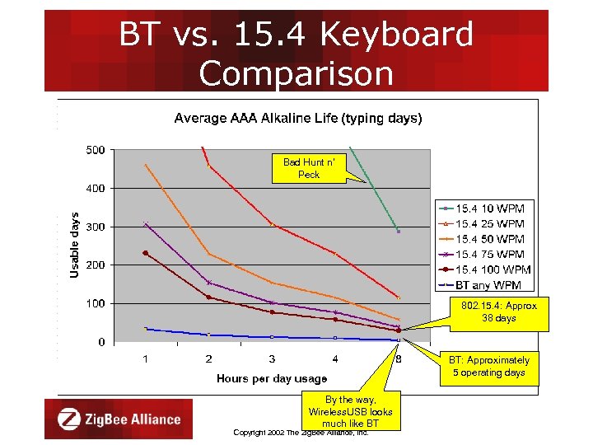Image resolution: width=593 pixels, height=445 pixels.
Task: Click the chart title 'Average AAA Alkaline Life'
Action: [297, 119]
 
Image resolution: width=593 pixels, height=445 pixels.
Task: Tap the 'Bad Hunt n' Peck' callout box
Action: [309, 168]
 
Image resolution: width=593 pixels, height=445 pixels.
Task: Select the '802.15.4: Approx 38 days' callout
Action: [498, 311]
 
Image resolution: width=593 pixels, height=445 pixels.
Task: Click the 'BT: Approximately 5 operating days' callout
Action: [488, 366]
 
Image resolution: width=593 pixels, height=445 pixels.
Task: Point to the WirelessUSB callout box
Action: [350, 411]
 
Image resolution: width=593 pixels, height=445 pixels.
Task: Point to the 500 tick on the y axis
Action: [95, 150]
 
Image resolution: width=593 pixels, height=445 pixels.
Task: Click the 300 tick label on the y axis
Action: [95, 227]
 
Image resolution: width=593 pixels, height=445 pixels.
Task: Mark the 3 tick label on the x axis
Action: [272, 358]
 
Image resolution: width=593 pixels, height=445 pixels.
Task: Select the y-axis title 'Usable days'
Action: [75, 245]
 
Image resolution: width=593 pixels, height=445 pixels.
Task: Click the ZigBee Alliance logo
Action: [119, 419]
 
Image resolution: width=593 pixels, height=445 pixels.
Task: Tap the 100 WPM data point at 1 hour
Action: [146, 253]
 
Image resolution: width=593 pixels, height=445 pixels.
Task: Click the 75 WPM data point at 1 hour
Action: [146, 223]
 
